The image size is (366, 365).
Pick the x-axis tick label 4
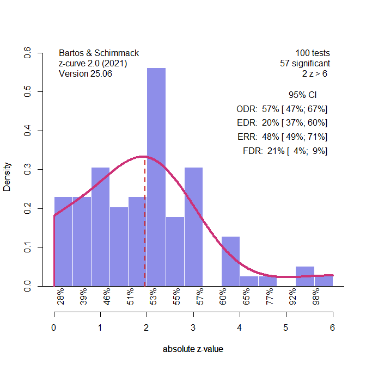240,327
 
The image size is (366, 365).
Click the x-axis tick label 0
54,327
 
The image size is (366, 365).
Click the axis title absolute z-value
193,349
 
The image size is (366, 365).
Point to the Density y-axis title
8,177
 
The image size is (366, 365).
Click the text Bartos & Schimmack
99,53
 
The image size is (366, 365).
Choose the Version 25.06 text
85,74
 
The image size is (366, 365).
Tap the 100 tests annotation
313,53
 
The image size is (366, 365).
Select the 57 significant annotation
304,64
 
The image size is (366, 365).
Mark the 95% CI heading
302,95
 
